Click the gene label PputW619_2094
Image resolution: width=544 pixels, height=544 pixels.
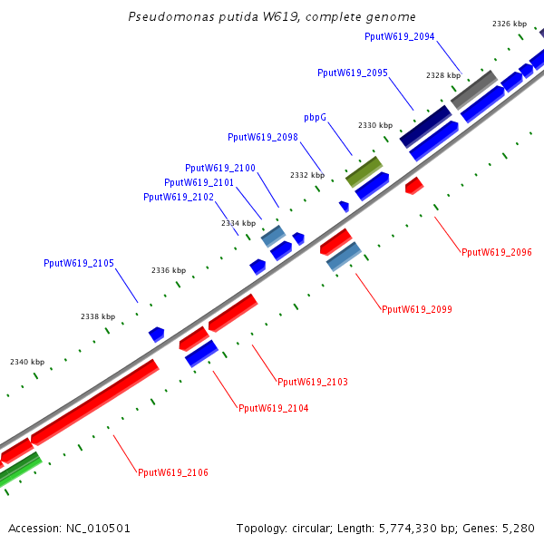click(x=399, y=36)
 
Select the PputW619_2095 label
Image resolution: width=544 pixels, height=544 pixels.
click(x=353, y=73)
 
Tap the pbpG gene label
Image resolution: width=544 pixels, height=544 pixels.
click(x=315, y=118)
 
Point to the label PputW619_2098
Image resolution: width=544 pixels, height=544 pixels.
click(x=263, y=137)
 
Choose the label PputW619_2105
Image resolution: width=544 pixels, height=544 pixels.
click(x=79, y=263)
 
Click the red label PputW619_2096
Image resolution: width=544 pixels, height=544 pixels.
click(x=496, y=252)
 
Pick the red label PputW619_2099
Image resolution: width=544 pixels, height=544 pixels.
click(x=416, y=309)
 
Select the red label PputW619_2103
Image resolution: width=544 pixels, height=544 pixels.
click(x=313, y=382)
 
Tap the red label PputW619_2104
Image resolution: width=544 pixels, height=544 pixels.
click(x=273, y=408)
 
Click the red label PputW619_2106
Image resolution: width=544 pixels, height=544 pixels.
click(x=173, y=472)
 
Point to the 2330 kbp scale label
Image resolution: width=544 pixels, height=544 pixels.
click(x=374, y=125)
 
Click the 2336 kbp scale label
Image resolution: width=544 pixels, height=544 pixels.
click(x=168, y=270)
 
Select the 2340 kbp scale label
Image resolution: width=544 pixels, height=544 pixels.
click(x=26, y=362)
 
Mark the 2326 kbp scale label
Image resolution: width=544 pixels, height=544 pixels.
click(x=509, y=24)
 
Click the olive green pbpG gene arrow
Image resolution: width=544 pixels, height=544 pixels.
click(x=364, y=170)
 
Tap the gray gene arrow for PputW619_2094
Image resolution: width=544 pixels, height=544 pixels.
click(x=474, y=88)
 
